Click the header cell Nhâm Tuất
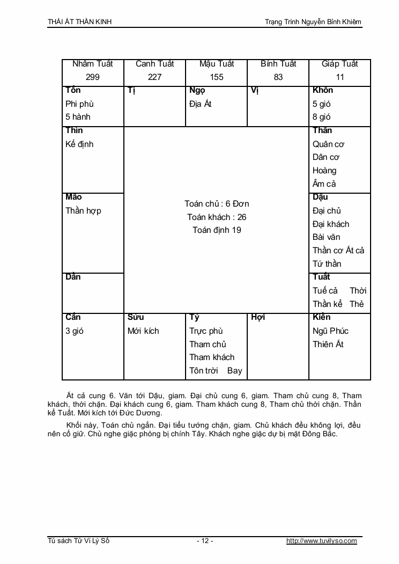(93, 64)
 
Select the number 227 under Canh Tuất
(154, 77)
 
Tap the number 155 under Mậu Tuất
(217, 77)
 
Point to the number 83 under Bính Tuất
(278, 77)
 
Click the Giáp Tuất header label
(340, 64)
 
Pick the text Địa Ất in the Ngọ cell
(201, 104)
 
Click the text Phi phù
(79, 104)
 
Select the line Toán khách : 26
(217, 217)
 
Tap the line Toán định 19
(217, 230)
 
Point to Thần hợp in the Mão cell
(83, 211)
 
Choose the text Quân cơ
(328, 144)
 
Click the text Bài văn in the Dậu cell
(326, 237)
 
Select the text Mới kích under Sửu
(143, 331)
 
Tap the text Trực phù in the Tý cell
(206, 331)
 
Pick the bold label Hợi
(258, 318)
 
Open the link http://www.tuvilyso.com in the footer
(321, 541)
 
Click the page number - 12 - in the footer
(205, 541)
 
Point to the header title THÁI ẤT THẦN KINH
(80, 22)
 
